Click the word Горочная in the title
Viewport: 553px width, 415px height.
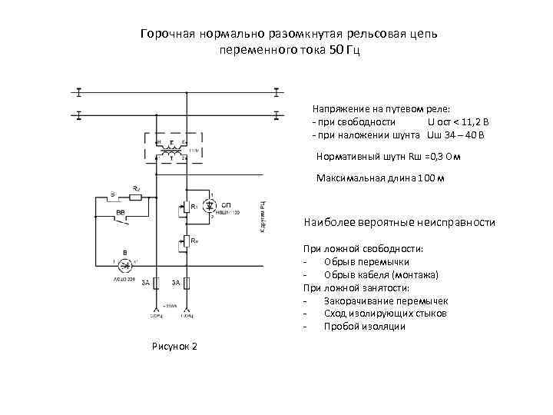point(167,35)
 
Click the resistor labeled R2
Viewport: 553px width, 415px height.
point(135,197)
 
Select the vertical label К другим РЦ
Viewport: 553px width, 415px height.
point(263,218)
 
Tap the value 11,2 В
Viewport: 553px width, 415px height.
point(469,123)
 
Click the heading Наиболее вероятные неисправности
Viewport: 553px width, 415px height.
point(399,222)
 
